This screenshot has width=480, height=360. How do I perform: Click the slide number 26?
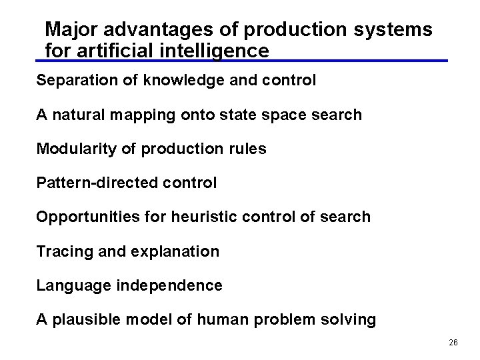point(453,342)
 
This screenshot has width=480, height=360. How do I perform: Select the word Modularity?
point(75,149)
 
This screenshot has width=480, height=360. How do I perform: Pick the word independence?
point(169,286)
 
